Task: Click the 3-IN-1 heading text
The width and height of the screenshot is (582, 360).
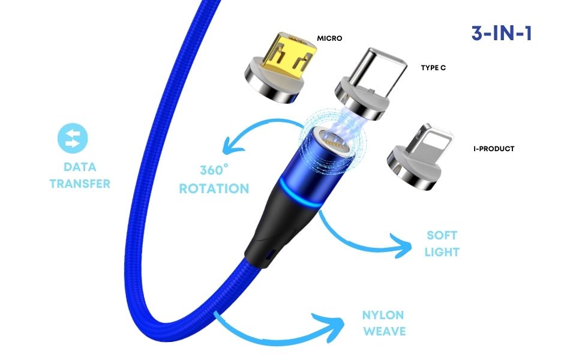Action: click(x=502, y=33)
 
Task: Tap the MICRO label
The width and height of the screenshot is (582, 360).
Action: click(x=329, y=38)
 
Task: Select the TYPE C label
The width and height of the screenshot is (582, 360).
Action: click(x=433, y=68)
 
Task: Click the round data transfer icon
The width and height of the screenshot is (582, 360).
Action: click(x=73, y=137)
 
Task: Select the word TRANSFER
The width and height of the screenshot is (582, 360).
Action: click(x=80, y=183)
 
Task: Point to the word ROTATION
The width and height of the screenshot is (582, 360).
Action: click(x=214, y=188)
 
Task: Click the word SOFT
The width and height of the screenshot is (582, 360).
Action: click(x=442, y=235)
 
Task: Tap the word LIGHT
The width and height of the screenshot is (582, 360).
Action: click(x=442, y=251)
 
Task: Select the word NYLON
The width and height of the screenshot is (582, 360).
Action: click(x=383, y=315)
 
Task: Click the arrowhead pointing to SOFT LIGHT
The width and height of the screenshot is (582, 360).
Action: click(x=401, y=246)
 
